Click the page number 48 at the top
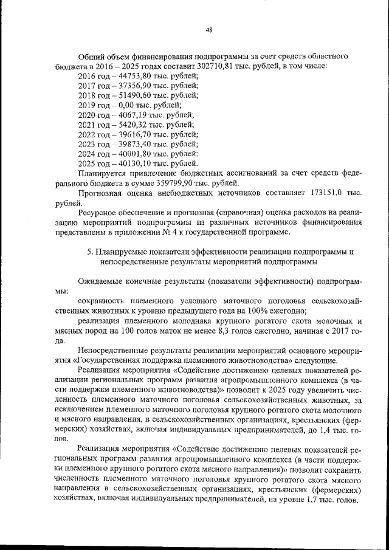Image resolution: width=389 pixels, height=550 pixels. click(x=208, y=30)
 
